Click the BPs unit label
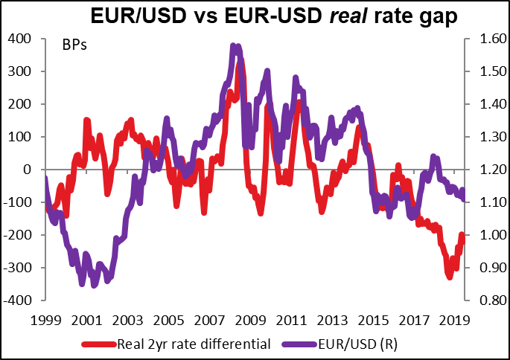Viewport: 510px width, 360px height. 74,45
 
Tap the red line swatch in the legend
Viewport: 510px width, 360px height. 99,344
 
